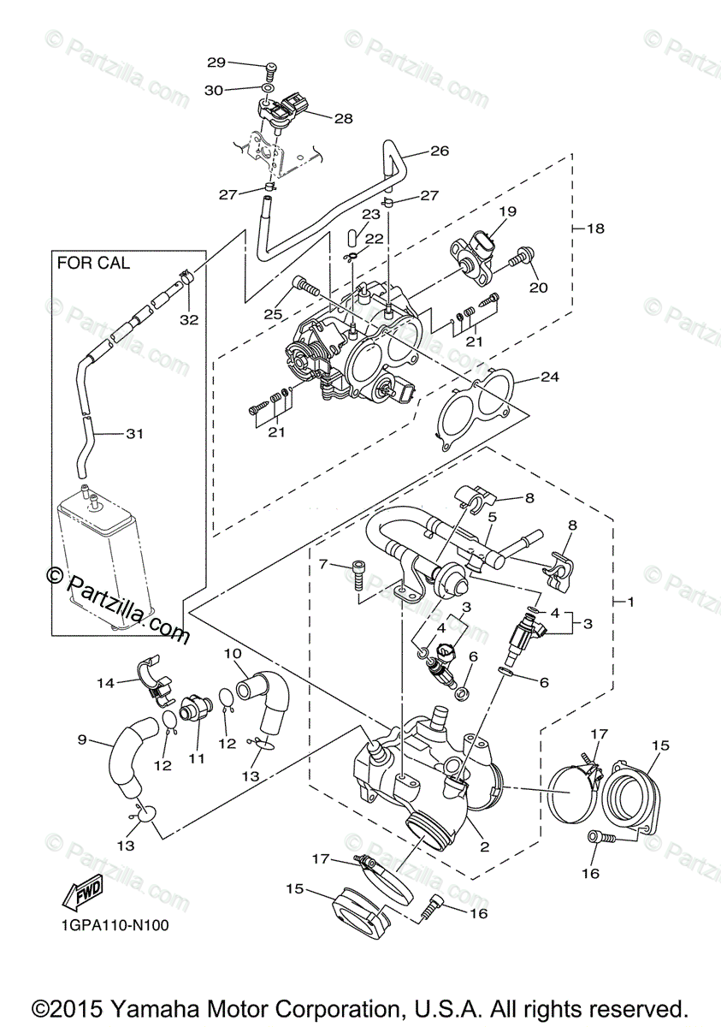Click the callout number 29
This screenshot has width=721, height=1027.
point(216,62)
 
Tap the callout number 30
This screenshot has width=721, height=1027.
point(214,91)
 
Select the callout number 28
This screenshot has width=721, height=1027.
point(344,119)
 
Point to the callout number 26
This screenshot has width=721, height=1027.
point(440,151)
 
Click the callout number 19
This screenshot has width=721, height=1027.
point(508,211)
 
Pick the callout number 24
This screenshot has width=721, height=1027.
point(550,377)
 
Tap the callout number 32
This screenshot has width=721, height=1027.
point(189,319)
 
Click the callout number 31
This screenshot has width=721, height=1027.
point(134,433)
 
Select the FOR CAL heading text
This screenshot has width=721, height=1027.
point(93,263)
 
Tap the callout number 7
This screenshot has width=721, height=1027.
point(323,564)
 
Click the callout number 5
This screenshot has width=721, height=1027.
point(493,517)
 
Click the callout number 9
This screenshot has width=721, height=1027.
point(82,740)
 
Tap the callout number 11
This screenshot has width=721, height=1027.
point(196,759)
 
